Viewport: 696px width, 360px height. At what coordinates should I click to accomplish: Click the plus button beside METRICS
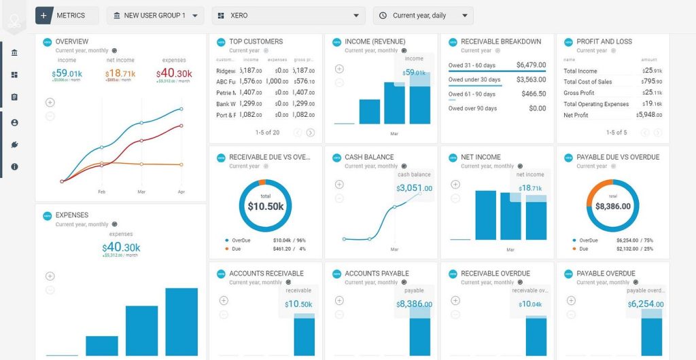pos(43,15)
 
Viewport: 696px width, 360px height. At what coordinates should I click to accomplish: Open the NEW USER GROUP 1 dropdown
pos(155,15)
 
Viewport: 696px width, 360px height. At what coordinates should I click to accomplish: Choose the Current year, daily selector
pos(423,15)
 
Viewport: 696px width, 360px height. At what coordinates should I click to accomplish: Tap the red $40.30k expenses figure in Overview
pos(175,73)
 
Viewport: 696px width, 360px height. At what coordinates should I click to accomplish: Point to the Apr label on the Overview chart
pos(181,192)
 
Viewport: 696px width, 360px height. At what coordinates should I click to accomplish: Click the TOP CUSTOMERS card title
pos(256,41)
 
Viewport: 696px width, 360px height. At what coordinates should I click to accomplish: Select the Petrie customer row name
pos(226,92)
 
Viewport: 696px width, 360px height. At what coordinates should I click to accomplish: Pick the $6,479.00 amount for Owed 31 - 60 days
pos(531,65)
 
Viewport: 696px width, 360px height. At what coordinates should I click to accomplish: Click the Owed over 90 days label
pos(472,109)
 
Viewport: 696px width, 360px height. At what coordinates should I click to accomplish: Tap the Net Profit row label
pos(576,115)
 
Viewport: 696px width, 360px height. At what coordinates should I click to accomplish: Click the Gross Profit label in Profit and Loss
pos(578,93)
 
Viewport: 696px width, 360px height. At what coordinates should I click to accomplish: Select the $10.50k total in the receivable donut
pos(265,206)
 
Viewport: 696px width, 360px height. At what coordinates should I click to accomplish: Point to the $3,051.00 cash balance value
pos(415,188)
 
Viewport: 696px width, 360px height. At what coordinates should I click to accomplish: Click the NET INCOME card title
pos(481,157)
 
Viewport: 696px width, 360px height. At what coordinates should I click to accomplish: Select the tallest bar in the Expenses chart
pos(181,322)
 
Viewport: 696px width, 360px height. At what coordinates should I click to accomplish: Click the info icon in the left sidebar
pos(14,166)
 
